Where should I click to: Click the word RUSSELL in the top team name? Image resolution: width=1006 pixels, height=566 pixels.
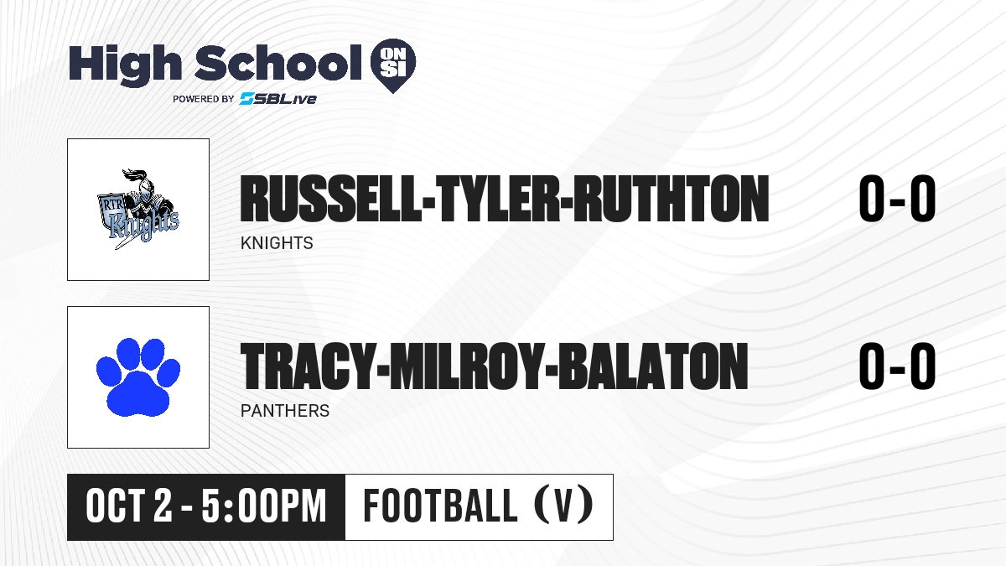point(330,199)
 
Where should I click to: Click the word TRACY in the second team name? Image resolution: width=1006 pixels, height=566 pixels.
point(308,366)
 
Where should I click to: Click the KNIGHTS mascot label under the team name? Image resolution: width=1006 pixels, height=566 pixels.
point(277,243)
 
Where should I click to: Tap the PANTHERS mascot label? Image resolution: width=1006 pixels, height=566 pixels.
point(285,411)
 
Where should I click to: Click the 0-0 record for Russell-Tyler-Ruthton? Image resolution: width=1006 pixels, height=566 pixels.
point(897,199)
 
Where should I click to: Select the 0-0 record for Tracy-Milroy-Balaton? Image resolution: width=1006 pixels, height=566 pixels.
point(897,366)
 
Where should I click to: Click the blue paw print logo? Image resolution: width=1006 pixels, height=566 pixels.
point(138,377)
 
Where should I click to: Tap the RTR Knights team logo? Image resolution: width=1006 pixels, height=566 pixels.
point(138,210)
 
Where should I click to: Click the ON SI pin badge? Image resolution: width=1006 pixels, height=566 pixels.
point(393,65)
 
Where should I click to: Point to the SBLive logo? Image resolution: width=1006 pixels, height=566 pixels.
point(277,99)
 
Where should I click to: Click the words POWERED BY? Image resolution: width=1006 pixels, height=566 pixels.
point(204,99)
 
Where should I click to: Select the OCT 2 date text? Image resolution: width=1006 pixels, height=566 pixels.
point(129,506)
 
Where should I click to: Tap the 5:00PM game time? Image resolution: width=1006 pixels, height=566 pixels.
point(263,506)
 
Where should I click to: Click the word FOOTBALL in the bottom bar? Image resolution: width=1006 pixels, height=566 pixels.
point(440,506)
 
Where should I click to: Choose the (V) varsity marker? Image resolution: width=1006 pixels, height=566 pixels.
point(563,506)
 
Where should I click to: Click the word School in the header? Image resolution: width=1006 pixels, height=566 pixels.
point(278,63)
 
